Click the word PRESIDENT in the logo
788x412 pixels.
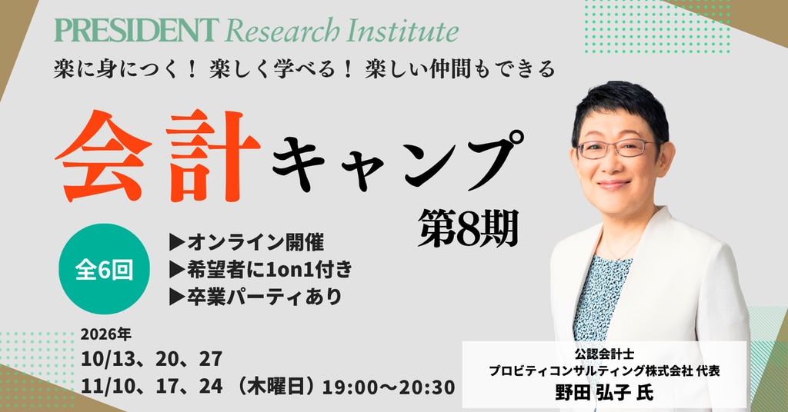click(137, 31)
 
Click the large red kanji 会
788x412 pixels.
click(104, 156)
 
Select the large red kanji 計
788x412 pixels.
click(213, 156)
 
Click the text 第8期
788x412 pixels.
click(468, 228)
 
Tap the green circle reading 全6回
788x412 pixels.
click(104, 269)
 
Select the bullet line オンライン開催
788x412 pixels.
click(247, 242)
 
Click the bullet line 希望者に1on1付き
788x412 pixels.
click(261, 270)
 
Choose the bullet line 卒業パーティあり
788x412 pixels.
click(255, 297)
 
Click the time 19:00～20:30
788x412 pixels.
click(389, 387)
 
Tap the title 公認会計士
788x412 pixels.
click(605, 354)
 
